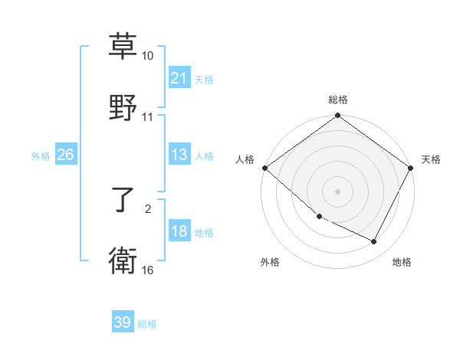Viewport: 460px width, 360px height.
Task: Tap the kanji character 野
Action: [123, 107]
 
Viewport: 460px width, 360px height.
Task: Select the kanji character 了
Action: [123, 201]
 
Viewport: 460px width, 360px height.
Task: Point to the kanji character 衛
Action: [123, 261]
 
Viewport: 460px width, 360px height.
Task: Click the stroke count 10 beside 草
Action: [148, 56]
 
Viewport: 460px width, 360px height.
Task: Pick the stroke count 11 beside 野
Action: [148, 117]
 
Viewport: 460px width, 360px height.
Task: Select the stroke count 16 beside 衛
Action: [148, 270]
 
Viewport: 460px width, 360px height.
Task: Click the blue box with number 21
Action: [179, 78]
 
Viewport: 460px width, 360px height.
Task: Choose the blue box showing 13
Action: [179, 155]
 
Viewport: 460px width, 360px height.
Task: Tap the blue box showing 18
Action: [179, 231]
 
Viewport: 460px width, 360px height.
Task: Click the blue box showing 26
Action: [65, 155]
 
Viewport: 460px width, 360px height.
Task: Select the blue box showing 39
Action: [123, 322]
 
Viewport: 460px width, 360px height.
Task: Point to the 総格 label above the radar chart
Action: [338, 100]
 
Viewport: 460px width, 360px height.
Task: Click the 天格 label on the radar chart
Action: [431, 159]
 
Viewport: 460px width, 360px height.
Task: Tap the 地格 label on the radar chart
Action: [402, 262]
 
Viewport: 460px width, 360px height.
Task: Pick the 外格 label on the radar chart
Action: [270, 262]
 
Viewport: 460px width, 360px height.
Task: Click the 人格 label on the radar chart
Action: [245, 159]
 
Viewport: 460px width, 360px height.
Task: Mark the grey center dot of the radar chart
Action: [338, 191]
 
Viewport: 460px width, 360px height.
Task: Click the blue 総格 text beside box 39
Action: [147, 324]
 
